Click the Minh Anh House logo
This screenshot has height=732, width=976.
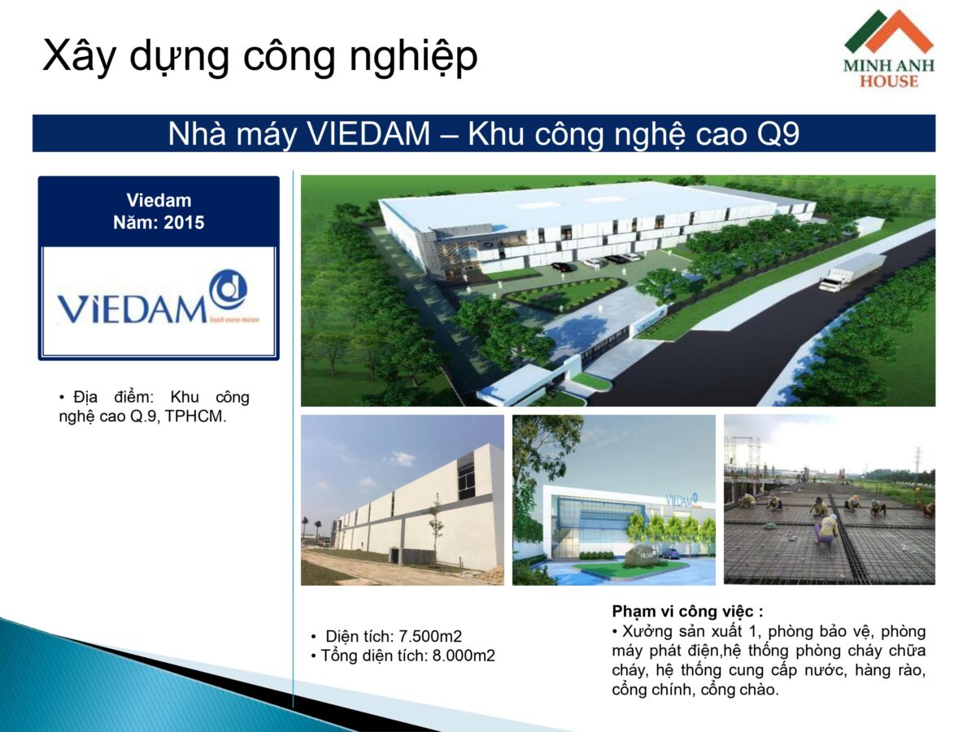[x=888, y=49]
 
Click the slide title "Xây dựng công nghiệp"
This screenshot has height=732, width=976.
[x=259, y=56]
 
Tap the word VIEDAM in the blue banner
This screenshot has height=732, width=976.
[x=368, y=134]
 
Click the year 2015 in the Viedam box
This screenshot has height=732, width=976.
[x=184, y=221]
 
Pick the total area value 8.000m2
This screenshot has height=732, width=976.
[x=460, y=656]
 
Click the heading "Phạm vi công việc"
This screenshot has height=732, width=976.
[x=687, y=612]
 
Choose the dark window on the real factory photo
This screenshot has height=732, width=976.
[x=466, y=480]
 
